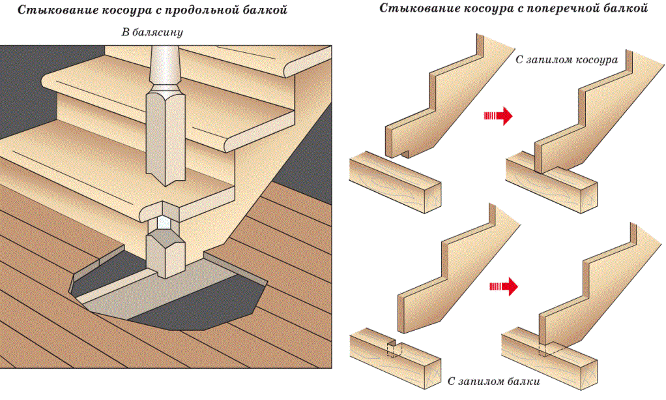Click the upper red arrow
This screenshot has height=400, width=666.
(498, 116)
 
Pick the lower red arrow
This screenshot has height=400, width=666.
(502, 286)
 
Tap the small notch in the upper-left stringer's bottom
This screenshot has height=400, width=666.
(405, 154)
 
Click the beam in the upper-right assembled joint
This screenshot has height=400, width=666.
(573, 189)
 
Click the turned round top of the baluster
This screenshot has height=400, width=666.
(162, 65)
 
